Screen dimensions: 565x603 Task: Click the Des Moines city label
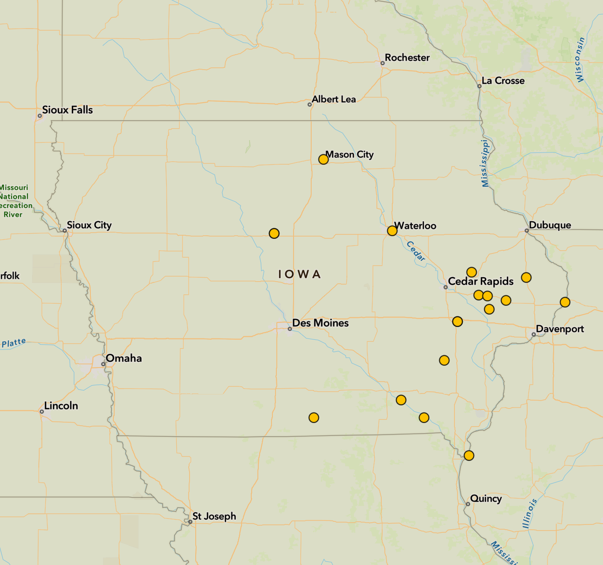(320, 323)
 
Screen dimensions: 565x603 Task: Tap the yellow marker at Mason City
(323, 160)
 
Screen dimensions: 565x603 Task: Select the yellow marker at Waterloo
(392, 231)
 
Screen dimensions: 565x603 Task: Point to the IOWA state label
(299, 274)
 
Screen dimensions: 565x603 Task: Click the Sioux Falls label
(67, 110)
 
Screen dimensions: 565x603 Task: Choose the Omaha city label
(123, 358)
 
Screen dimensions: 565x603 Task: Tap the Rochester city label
(407, 58)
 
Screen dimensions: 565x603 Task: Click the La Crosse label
(503, 81)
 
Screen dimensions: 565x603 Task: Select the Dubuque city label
(550, 225)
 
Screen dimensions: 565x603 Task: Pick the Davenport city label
(559, 329)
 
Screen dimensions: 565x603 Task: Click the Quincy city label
(486, 498)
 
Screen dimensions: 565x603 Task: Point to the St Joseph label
(214, 516)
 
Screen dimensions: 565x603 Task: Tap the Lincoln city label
(61, 406)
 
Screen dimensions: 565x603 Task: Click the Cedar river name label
(416, 251)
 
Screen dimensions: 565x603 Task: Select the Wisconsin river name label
(581, 59)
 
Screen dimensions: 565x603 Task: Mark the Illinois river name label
(529, 513)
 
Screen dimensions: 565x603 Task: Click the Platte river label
(14, 343)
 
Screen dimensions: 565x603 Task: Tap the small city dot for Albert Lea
(309, 104)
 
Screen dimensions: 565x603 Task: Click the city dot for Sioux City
(64, 230)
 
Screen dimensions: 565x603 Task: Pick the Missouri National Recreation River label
(14, 201)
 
